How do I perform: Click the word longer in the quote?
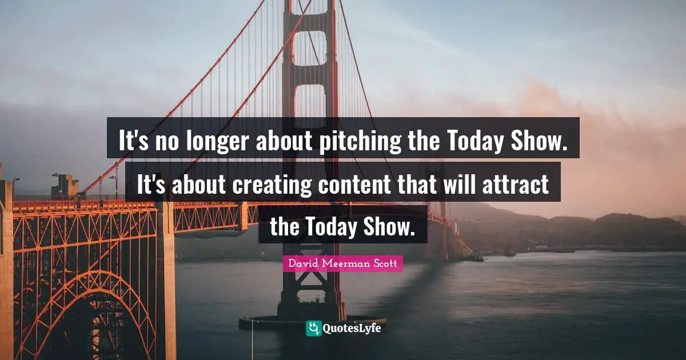tap(217, 141)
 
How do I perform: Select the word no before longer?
tap(166, 142)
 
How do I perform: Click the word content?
tap(354, 185)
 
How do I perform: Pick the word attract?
tap(516, 185)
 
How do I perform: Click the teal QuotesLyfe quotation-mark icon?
tap(313, 328)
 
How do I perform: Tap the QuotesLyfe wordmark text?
tap(352, 329)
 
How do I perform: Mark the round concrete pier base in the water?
tap(312, 323)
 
